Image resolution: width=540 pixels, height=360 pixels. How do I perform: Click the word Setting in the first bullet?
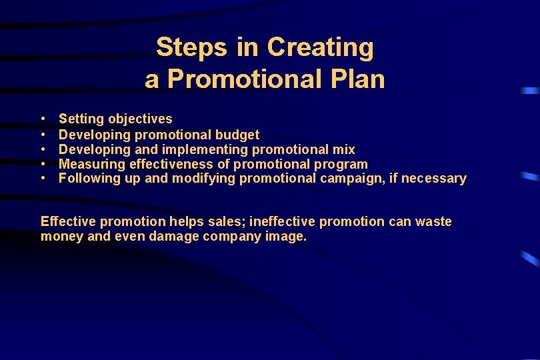[x=81, y=119]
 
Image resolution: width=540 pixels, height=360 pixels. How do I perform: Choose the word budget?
[x=237, y=135]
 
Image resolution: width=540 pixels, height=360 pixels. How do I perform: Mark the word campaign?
[x=349, y=179]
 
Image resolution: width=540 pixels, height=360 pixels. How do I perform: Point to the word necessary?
[x=435, y=179]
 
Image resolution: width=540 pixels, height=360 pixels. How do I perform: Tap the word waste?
[x=433, y=221]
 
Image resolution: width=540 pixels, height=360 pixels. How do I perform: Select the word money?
[x=61, y=237]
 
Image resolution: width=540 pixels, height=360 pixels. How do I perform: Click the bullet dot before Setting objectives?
[x=43, y=119]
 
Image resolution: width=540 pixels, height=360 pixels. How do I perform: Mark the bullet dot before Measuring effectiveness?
[x=43, y=164]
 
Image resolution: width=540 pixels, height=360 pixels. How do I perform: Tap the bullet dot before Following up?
[x=43, y=179]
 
